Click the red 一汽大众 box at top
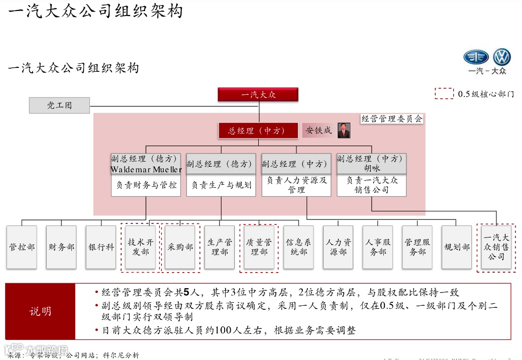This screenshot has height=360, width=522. pyautogui.click(x=258, y=94)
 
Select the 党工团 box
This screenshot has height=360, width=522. pyautogui.click(x=59, y=105)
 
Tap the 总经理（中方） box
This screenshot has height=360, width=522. pyautogui.click(x=258, y=131)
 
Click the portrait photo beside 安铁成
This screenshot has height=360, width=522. pyautogui.click(x=344, y=130)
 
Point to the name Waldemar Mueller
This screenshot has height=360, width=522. pyautogui.click(x=146, y=169)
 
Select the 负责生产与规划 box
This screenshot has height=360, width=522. pyautogui.click(x=221, y=185)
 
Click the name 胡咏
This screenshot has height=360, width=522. pyautogui.click(x=372, y=169)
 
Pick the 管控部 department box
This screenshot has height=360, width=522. pyautogui.click(x=22, y=247)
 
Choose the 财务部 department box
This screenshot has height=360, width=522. pyautogui.click(x=61, y=247)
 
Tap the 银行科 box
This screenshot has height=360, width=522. pyautogui.click(x=101, y=247)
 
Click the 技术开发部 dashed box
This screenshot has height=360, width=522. pyautogui.click(x=140, y=247)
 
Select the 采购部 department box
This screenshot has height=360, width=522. pyautogui.click(x=180, y=247)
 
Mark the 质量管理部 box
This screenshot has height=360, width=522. pyautogui.click(x=259, y=247)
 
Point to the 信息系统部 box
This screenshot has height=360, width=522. pyautogui.click(x=298, y=247)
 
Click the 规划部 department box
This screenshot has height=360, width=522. pyautogui.click(x=457, y=247)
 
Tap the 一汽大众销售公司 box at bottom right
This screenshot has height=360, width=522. pyautogui.click(x=496, y=247)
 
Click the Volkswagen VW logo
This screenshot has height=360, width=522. pyautogui.click(x=501, y=58)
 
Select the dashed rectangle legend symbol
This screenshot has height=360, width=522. pyautogui.click(x=444, y=94)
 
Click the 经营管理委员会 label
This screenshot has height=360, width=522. pyautogui.click(x=392, y=119)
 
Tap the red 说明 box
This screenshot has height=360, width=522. pyautogui.click(x=40, y=311)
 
